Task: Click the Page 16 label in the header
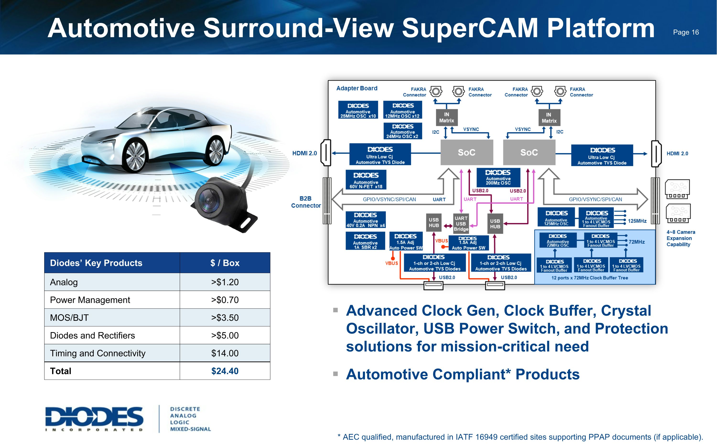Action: [x=686, y=32]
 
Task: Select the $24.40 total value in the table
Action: [x=225, y=371]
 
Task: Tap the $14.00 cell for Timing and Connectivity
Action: [x=225, y=353]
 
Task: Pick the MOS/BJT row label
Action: [x=69, y=318]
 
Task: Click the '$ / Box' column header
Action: [x=225, y=263]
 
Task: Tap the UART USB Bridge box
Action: [x=461, y=223]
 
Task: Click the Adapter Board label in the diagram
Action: [x=357, y=88]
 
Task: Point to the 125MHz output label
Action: [x=637, y=221]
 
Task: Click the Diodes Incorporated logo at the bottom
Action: [x=94, y=419]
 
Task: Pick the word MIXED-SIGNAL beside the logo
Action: [x=190, y=429]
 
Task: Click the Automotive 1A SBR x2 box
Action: [x=365, y=241]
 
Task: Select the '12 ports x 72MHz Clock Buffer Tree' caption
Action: [x=589, y=278]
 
